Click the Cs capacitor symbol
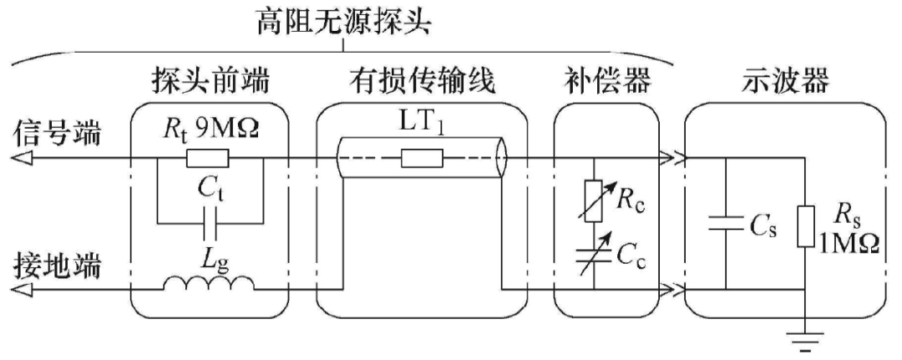click(724, 223)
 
